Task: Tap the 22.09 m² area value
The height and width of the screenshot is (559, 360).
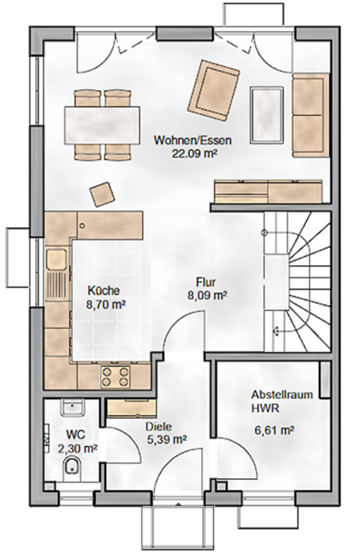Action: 194,153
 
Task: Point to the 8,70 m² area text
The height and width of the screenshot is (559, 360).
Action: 107,304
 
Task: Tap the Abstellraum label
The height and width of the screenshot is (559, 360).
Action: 276,395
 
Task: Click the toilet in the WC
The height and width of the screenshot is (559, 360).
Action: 71,467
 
